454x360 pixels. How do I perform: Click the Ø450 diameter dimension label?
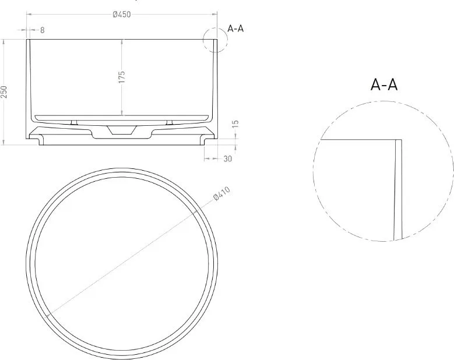click(122, 15)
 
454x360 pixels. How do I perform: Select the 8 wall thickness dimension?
click(43, 30)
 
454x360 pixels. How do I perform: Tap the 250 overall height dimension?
click(4, 92)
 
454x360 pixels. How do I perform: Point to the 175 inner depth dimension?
click(122, 77)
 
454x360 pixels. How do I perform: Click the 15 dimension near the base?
click(235, 124)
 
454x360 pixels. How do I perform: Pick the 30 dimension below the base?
click(228, 158)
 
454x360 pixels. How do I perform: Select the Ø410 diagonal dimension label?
click(222, 193)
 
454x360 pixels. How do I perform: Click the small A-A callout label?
click(235, 29)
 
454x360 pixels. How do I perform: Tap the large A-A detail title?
click(384, 85)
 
